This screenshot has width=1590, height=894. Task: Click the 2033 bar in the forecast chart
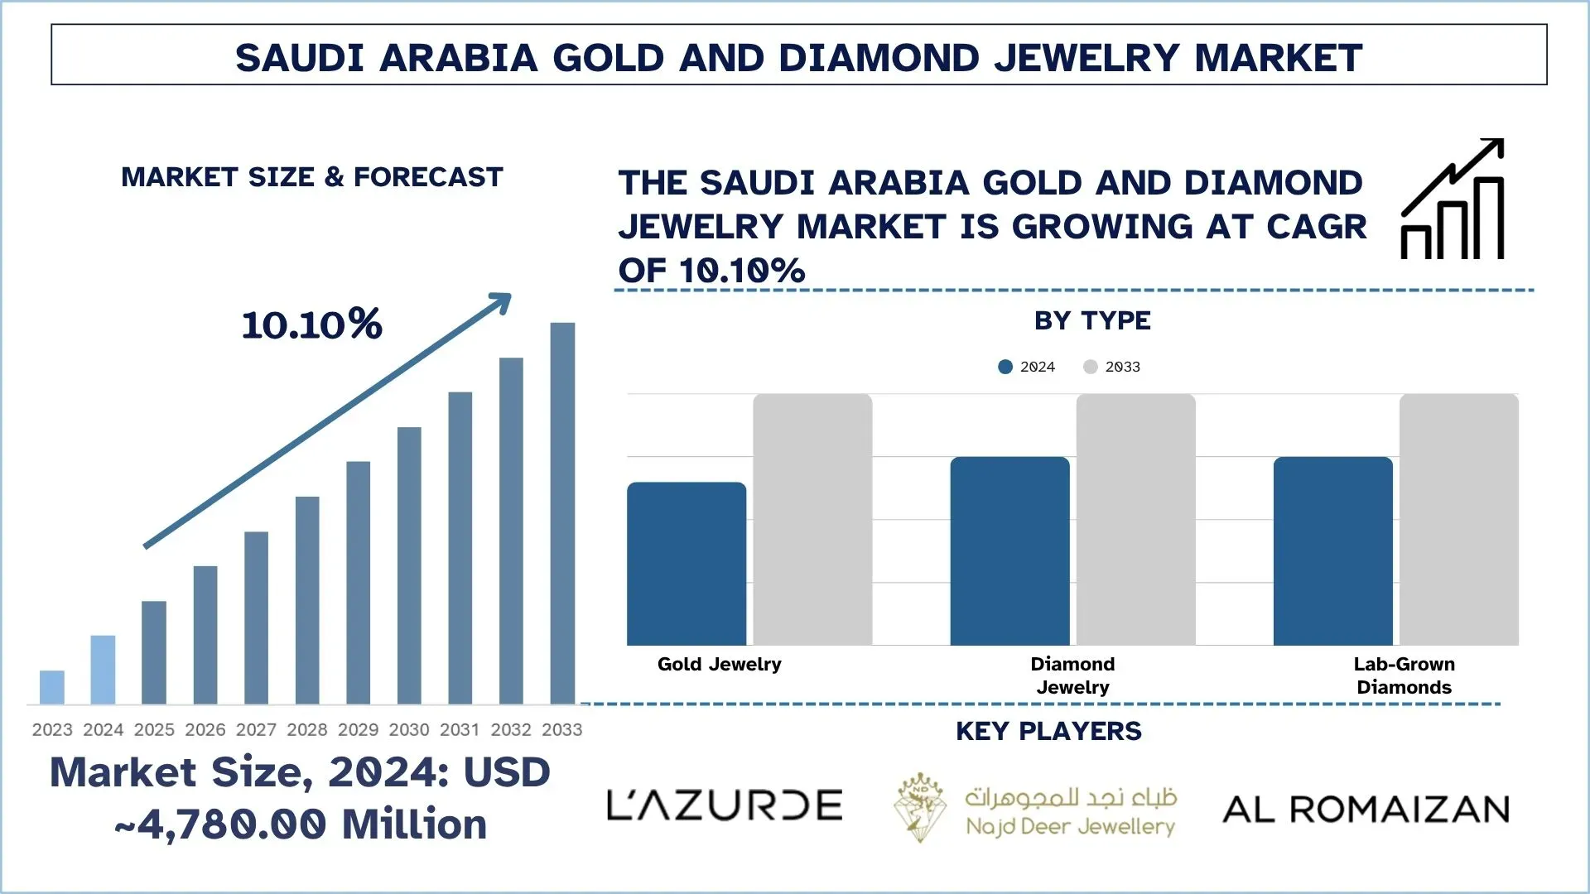pos(562,513)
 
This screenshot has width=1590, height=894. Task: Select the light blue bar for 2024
pos(103,670)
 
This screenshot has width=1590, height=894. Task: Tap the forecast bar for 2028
pos(307,600)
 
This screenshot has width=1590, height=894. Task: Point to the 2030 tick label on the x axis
pos(409,730)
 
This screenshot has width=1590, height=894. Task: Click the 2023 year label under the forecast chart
pos(52,730)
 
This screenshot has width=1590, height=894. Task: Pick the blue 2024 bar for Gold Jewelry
pos(687,564)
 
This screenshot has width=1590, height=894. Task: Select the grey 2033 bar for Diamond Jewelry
pos(1135,520)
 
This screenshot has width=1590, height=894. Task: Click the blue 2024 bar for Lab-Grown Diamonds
pos(1332,551)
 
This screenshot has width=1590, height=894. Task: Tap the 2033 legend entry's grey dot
pos(1090,367)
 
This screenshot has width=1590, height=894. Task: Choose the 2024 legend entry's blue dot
pos(1005,367)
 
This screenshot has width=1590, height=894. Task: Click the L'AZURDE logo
pos(725,805)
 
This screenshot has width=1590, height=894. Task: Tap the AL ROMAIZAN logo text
pos(1366,810)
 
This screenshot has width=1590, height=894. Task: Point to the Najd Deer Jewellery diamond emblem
pos(920,807)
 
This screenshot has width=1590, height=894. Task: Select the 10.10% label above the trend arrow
pos(312,324)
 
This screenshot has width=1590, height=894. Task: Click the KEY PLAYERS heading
pos(1048,732)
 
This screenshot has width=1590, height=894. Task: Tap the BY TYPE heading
pos(1092,321)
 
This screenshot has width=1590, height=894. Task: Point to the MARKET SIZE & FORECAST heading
pos(312,177)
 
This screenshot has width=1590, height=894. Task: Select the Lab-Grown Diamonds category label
pos(1404,675)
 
